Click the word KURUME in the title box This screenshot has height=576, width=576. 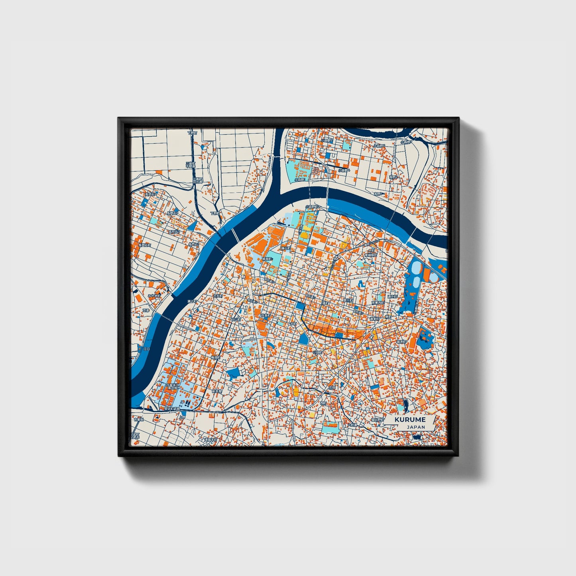[x=410, y=419]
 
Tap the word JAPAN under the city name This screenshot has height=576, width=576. [x=416, y=427]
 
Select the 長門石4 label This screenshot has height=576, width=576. [x=151, y=194]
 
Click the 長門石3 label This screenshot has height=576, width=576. [x=173, y=232]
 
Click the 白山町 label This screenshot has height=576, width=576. [x=236, y=319]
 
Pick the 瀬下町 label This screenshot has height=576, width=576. [x=192, y=301]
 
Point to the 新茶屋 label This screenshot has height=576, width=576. [x=216, y=391]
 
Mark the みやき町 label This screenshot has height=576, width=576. [x=154, y=296]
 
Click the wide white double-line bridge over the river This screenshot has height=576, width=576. [x=235, y=236]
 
